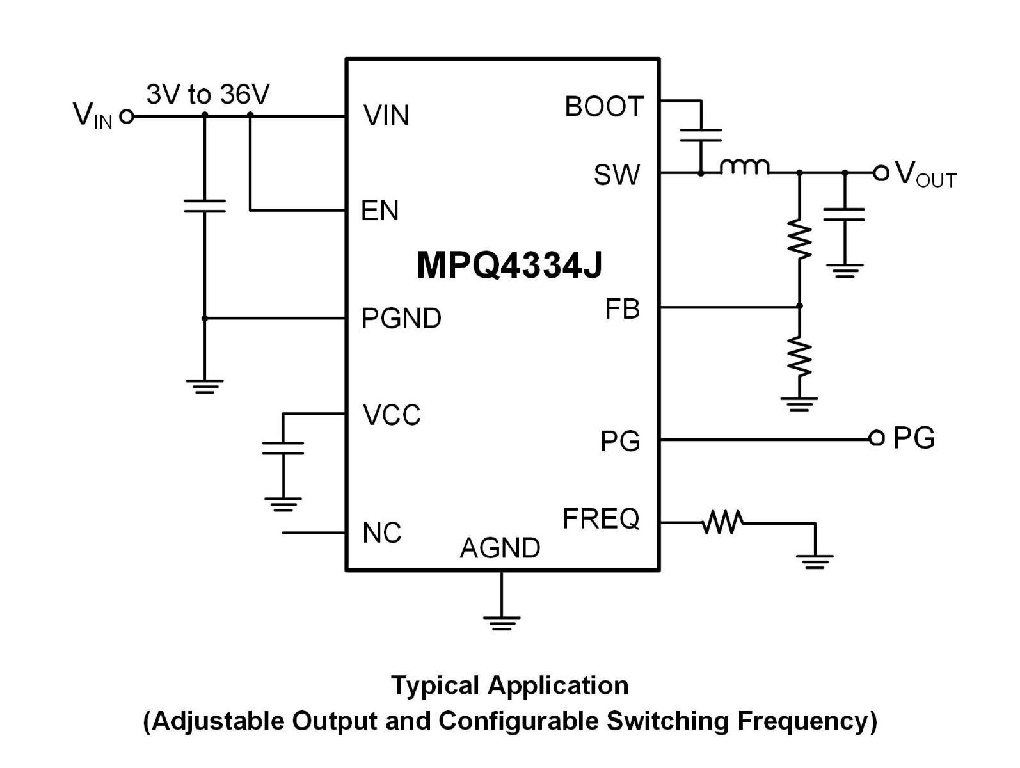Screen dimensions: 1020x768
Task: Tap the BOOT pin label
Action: point(603,106)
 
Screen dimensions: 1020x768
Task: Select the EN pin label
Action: point(379,211)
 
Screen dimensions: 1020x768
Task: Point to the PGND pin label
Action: point(401,318)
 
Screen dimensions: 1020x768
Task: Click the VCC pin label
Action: point(391,415)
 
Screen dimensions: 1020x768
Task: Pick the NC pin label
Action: point(381,532)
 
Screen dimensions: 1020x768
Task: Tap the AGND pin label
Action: point(500,548)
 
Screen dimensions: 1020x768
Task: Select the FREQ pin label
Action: point(600,519)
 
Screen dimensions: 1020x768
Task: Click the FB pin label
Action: point(622,308)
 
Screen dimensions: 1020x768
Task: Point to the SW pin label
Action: point(616,175)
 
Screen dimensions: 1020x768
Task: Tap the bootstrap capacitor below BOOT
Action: point(700,135)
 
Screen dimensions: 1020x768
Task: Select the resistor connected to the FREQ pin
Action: point(722,522)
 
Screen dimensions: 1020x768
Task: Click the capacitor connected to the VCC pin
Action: point(283,448)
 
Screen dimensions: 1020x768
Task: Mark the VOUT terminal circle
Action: point(881,173)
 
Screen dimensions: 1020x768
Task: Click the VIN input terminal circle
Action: point(127,116)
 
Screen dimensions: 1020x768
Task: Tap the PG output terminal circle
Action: point(877,438)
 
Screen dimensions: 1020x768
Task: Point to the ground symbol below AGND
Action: point(502,623)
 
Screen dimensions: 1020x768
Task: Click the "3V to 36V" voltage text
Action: point(208,94)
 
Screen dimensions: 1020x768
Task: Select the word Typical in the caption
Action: point(435,686)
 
